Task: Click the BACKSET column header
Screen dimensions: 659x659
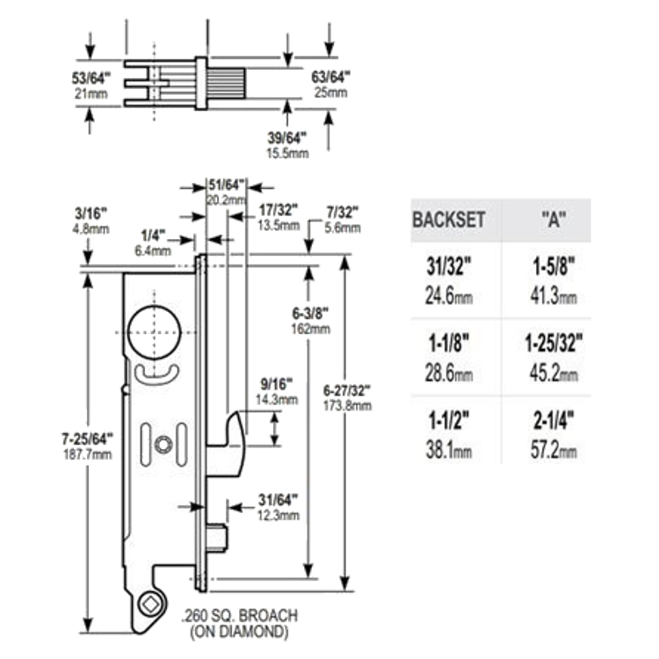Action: click(448, 220)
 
